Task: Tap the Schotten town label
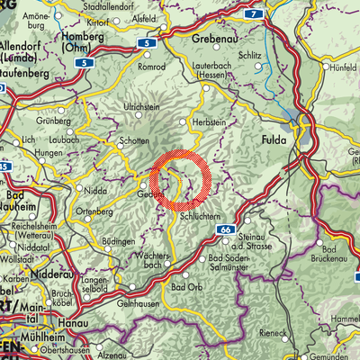(x=134, y=142)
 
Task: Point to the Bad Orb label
(x=184, y=287)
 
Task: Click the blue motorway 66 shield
(x=224, y=231)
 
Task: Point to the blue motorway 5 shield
(x=82, y=65)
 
